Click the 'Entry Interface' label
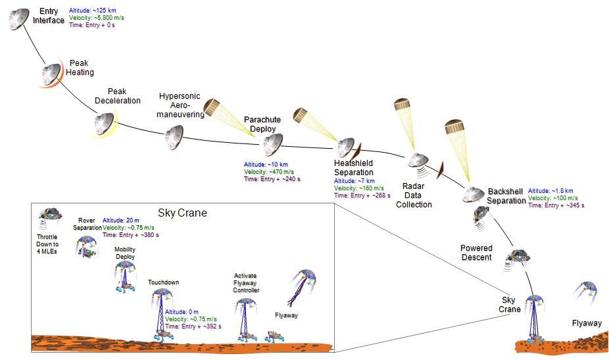tap(49, 16)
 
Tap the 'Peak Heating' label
tap(80, 68)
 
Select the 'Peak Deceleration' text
tap(118, 96)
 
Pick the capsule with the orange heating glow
tap(52, 75)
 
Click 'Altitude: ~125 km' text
tap(93, 11)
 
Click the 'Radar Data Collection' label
tap(414, 195)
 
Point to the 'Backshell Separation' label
tap(506, 195)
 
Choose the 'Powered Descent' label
tap(477, 253)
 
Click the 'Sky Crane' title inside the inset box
tap(182, 213)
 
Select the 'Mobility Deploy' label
tap(125, 253)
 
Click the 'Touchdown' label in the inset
tap(163, 282)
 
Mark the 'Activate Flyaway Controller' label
tap(246, 282)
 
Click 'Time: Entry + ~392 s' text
tap(193, 326)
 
